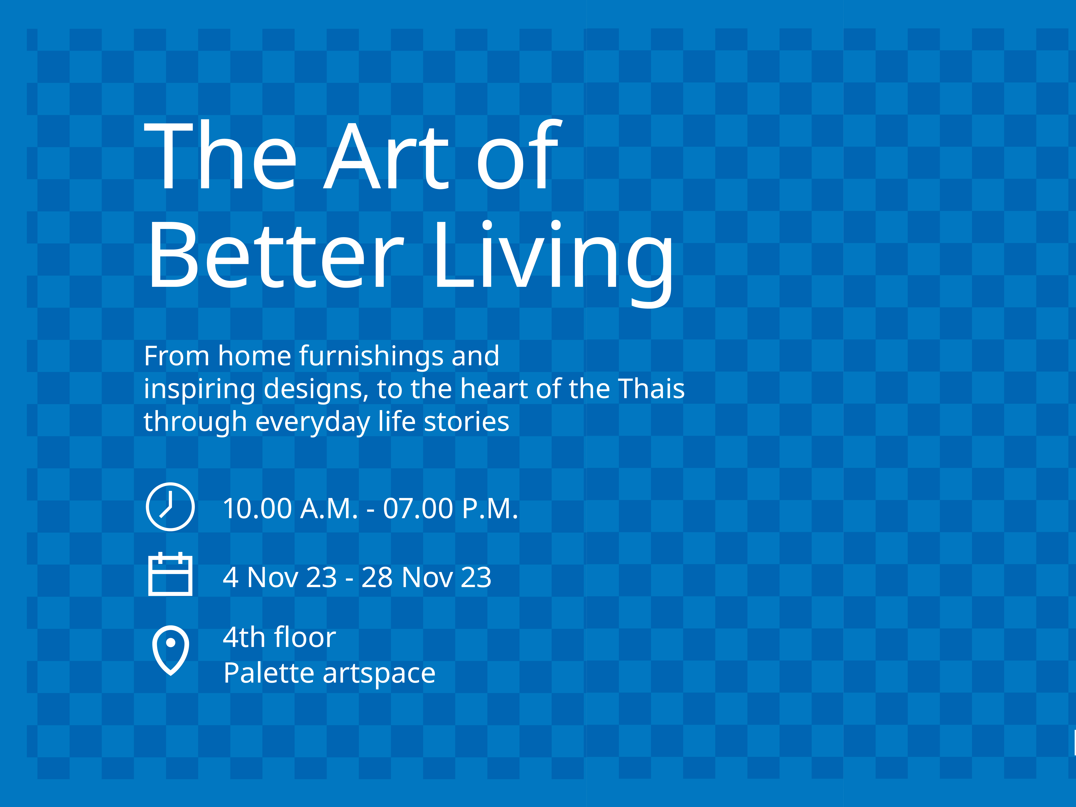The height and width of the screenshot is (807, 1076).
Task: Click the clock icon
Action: coord(170,506)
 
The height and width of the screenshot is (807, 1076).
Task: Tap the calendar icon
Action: coord(170,574)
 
